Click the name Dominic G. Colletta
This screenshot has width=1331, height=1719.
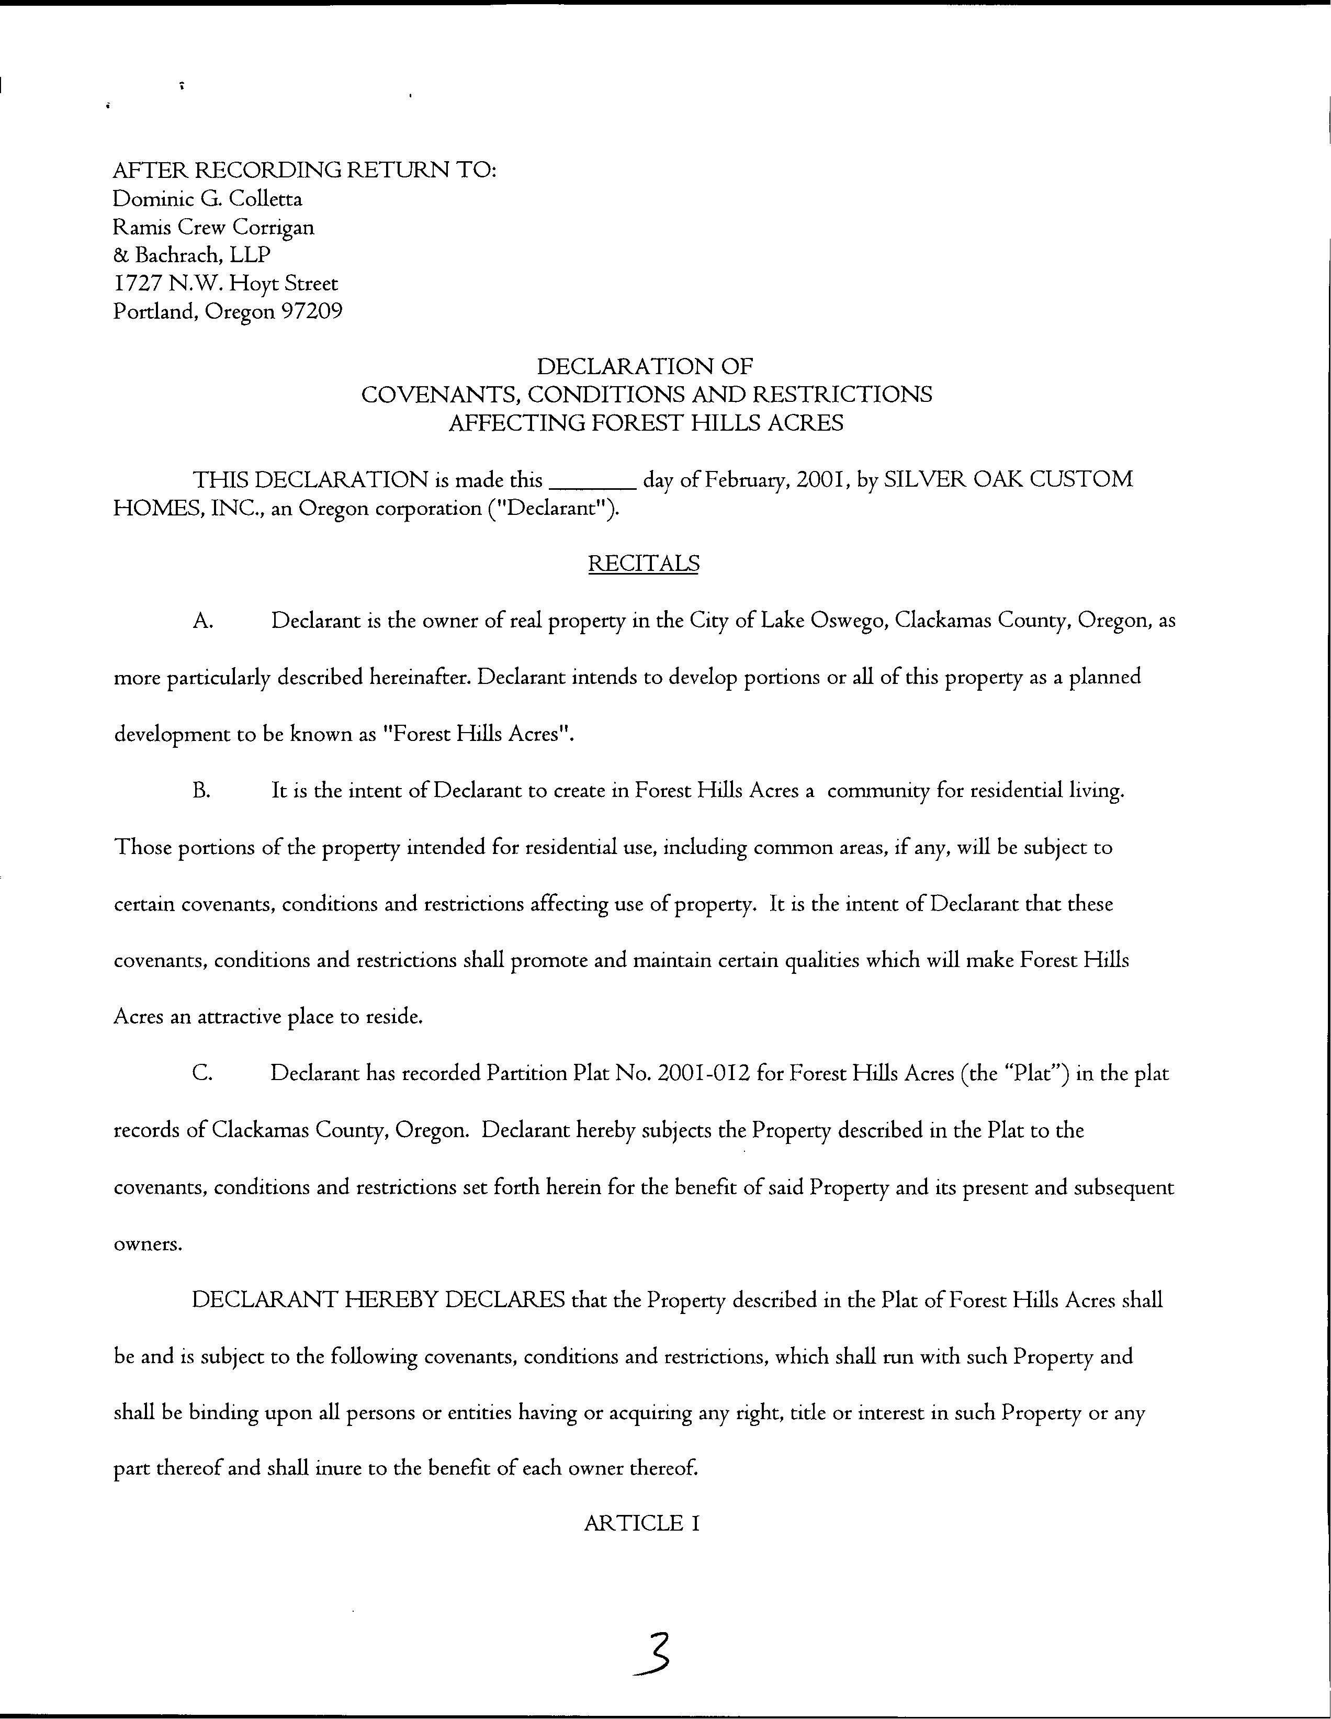pos(208,198)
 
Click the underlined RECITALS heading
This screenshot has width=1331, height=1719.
pos(643,564)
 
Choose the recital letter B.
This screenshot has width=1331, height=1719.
pos(201,791)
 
